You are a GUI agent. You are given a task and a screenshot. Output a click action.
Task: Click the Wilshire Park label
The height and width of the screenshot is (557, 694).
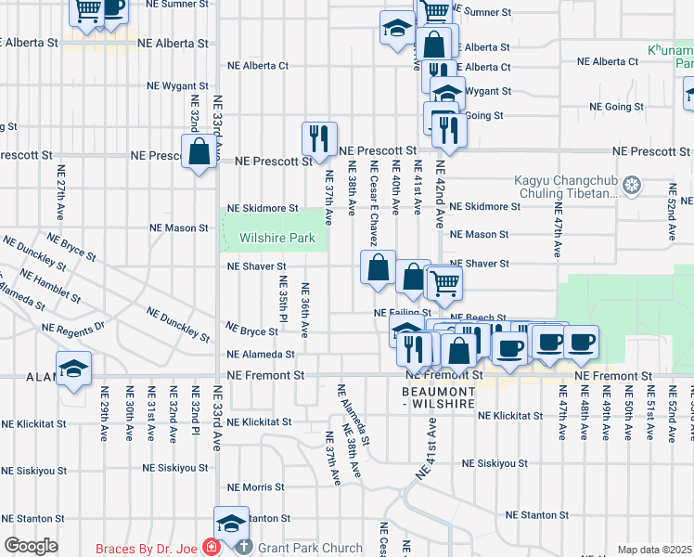point(277,239)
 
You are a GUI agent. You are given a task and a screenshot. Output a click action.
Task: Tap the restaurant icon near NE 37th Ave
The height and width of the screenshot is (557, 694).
point(319,139)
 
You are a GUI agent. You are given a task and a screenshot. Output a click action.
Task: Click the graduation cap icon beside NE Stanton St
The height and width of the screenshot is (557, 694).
point(232,523)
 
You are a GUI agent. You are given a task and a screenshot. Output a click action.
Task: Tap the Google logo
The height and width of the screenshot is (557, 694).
point(31,546)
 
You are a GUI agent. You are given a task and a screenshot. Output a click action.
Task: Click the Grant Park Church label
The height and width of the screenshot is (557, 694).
point(310,549)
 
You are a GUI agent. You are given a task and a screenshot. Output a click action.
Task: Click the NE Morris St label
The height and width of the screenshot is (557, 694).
point(255,487)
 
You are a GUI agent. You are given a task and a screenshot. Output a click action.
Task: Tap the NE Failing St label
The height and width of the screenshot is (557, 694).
point(402,314)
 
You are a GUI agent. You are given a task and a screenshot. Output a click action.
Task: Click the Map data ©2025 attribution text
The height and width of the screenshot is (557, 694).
point(654,550)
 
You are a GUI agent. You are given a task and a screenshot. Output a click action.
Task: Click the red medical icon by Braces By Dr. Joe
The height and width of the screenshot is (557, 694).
point(212,549)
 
